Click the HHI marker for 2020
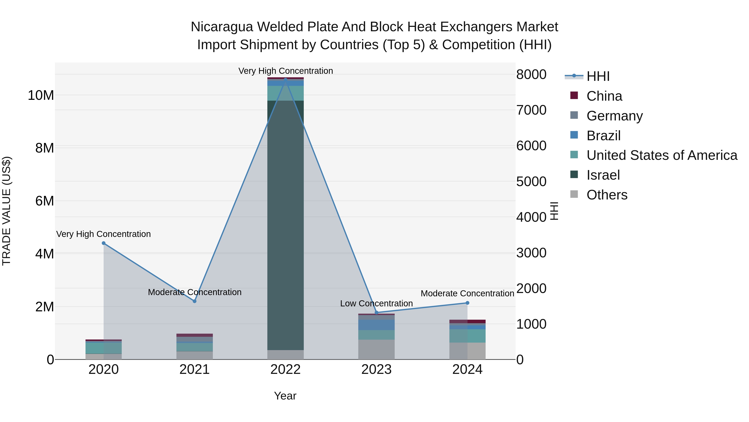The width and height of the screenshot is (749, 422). tap(104, 243)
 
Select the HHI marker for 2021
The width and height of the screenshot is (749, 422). tap(195, 301)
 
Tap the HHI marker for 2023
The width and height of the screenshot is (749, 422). tap(377, 313)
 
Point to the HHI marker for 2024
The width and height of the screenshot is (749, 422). tap(468, 303)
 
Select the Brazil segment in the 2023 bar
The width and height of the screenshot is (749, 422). tap(377, 325)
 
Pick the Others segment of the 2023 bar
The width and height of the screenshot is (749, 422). tap(377, 349)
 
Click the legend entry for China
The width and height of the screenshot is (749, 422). tap(604, 96)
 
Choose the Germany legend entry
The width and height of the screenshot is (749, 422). tap(614, 116)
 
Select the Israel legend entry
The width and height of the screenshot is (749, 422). tap(603, 175)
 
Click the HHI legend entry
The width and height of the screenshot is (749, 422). tap(598, 76)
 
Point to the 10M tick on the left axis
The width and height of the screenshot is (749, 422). tap(41, 95)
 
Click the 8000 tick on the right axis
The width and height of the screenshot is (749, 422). tap(531, 75)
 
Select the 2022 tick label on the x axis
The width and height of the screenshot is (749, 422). tap(285, 369)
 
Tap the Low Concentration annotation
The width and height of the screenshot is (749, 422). tap(376, 303)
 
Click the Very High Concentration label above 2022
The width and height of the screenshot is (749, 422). tap(285, 71)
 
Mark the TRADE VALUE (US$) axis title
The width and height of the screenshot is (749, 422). tap(6, 211)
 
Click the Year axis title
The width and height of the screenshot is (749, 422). tap(285, 396)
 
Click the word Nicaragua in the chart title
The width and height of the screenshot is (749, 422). tap(222, 27)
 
